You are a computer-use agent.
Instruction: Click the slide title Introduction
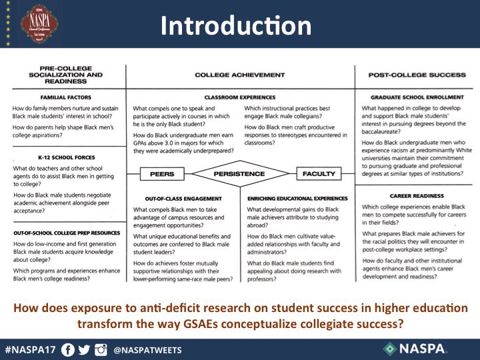tap(236, 25)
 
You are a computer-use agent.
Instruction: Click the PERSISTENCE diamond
tap(239, 173)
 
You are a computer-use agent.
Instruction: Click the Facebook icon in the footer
tap(67, 349)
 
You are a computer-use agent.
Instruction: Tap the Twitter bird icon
tap(85, 349)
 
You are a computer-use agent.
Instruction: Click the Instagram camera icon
tap(101, 349)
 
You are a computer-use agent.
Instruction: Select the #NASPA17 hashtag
tap(31, 349)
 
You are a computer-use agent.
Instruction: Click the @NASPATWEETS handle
tap(147, 349)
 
